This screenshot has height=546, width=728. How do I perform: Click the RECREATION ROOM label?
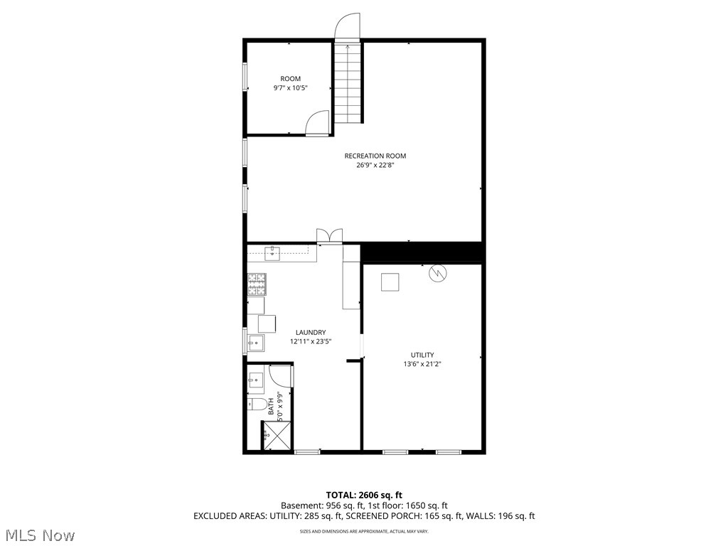pyautogui.click(x=375, y=156)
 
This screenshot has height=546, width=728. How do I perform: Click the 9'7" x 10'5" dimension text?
pyautogui.click(x=290, y=88)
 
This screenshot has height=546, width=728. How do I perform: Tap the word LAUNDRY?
pyautogui.click(x=311, y=332)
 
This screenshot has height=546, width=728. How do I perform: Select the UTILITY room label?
pyautogui.click(x=422, y=355)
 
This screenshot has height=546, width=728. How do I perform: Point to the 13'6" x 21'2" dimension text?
pyautogui.click(x=422, y=364)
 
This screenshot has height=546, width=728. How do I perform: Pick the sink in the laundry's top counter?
pyautogui.click(x=272, y=251)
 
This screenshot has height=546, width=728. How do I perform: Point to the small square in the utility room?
pyautogui.click(x=390, y=282)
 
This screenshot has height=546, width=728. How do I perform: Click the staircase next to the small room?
pyautogui.click(x=348, y=82)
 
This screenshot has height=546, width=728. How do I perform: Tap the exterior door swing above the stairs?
pyautogui.click(x=348, y=26)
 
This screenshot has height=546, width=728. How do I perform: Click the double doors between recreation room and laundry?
pyautogui.click(x=330, y=236)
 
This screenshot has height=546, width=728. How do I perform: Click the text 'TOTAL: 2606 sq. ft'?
pyautogui.click(x=364, y=495)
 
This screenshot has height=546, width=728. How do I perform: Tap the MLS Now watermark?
pyautogui.click(x=40, y=535)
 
